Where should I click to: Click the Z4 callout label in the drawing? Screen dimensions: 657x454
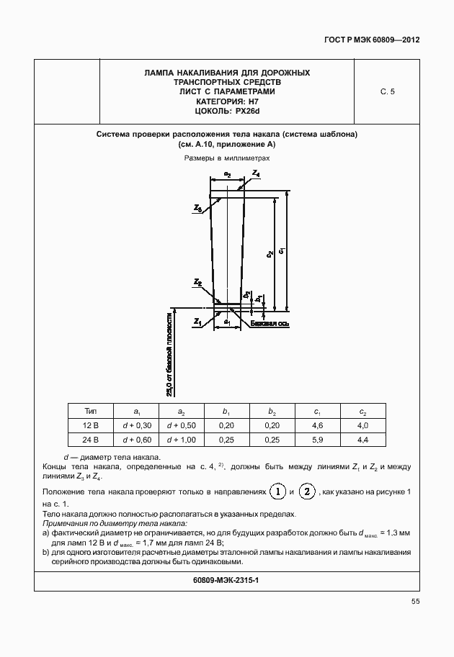pyautogui.click(x=257, y=174)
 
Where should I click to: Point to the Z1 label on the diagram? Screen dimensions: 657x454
pyautogui.click(x=197, y=322)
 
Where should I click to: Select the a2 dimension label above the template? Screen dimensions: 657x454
pyautogui.click(x=227, y=174)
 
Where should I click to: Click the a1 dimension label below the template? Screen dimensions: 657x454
pyautogui.click(x=227, y=322)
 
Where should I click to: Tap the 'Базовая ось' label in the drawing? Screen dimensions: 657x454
pyautogui.click(x=270, y=325)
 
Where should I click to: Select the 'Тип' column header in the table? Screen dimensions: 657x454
pyautogui.click(x=91, y=411)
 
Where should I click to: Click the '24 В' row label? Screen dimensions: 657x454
pyautogui.click(x=91, y=439)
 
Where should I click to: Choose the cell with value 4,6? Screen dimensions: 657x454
pyautogui.click(x=317, y=425)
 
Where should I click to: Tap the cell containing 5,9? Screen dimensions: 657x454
pyautogui.click(x=317, y=439)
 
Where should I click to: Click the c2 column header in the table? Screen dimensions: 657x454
pyautogui.click(x=362, y=412)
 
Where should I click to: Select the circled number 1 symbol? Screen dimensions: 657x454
pyautogui.click(x=277, y=491)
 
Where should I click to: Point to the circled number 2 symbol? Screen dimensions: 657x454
pyautogui.click(x=307, y=491)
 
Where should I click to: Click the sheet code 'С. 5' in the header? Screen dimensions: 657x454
pyautogui.click(x=387, y=91)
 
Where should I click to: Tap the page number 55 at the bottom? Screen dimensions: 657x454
pyautogui.click(x=416, y=602)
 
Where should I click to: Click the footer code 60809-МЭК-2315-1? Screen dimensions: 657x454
pyautogui.click(x=226, y=579)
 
